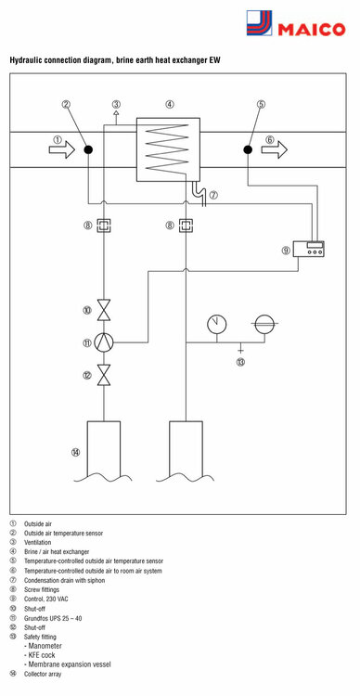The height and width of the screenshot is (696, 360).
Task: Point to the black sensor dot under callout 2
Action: (x=86, y=148)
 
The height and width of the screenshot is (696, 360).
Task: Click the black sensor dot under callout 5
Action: (x=248, y=148)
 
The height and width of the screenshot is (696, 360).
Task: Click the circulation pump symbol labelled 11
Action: (x=105, y=342)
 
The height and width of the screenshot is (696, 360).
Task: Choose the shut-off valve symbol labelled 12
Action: (x=105, y=375)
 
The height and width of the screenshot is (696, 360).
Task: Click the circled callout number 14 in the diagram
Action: (x=76, y=452)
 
